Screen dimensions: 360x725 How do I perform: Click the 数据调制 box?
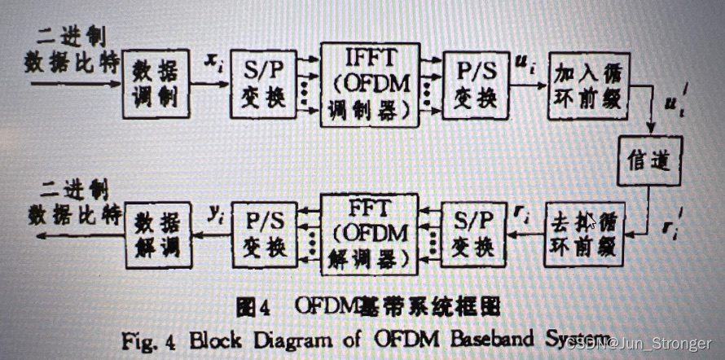click(156, 85)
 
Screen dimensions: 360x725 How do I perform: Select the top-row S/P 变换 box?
click(262, 84)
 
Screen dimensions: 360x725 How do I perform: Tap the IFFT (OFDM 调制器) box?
click(370, 83)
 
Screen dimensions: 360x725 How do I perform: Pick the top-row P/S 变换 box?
click(476, 84)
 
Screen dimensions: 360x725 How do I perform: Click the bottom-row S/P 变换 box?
click(472, 235)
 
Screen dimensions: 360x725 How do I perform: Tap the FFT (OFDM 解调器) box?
click(370, 233)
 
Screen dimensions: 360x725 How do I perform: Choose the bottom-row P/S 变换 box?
click(264, 234)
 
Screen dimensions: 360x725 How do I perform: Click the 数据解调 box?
click(158, 234)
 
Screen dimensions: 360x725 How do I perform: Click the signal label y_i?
click(215, 214)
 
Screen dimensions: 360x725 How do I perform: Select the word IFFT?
click(371, 59)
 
